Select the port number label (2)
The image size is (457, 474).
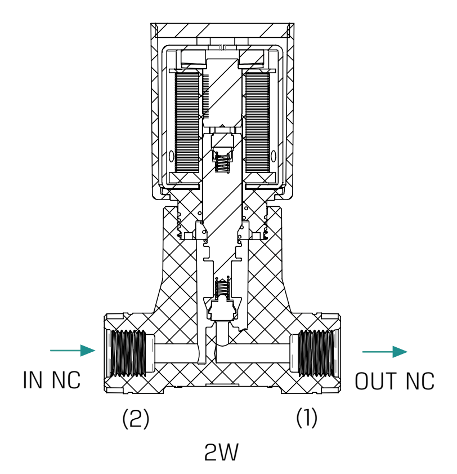coord(136,419)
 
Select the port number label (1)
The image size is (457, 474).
coord(307,419)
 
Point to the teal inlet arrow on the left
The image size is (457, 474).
coord(73,351)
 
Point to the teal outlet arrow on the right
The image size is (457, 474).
coord(384,352)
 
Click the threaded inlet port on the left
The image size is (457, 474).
coord(129,353)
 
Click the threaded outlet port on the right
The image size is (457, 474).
coord(316,353)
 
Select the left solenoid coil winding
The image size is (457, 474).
coord(187,122)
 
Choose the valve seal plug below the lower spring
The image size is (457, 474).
coord(222,309)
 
